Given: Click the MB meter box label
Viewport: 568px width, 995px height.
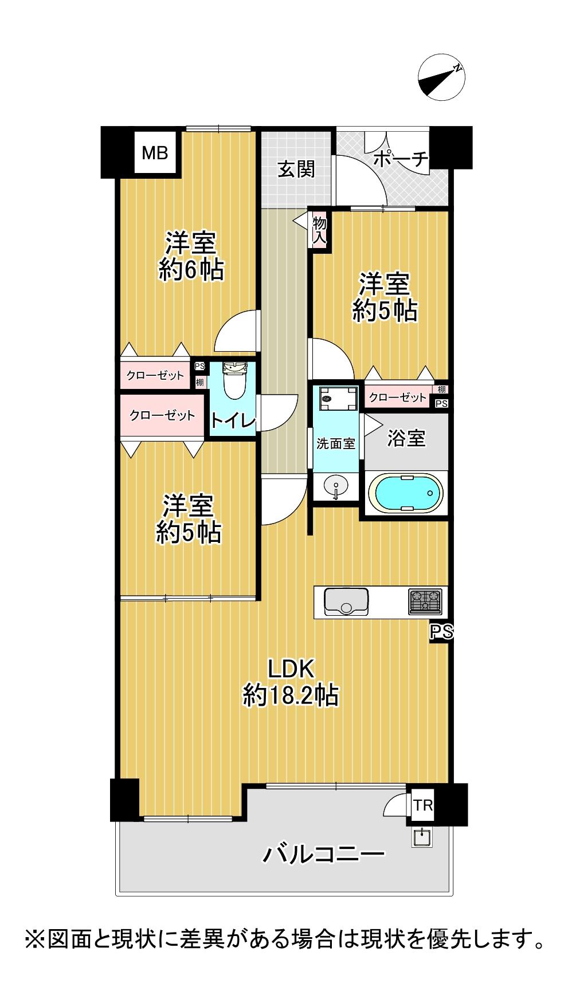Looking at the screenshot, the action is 155,153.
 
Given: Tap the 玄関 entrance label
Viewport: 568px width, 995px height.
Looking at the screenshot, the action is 296,170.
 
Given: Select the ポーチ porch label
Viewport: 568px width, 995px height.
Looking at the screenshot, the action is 401,159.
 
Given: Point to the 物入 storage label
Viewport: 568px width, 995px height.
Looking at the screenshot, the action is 319,230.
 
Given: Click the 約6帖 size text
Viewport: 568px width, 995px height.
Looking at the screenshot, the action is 191,270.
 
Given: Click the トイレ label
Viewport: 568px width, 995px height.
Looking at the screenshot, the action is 232,421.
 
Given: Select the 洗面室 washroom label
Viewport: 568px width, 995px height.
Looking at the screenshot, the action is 336,443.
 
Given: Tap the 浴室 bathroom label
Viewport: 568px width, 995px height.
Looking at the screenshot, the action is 406,439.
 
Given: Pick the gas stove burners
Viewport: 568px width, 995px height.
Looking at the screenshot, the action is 425,601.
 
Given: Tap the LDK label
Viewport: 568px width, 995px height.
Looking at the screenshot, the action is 292,668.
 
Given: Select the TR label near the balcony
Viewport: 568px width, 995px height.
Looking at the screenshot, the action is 423,805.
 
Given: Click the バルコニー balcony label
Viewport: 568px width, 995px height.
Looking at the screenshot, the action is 323,855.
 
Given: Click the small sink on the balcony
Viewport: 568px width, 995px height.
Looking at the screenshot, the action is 424,837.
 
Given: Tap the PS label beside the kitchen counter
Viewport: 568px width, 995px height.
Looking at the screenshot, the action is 442,632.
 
